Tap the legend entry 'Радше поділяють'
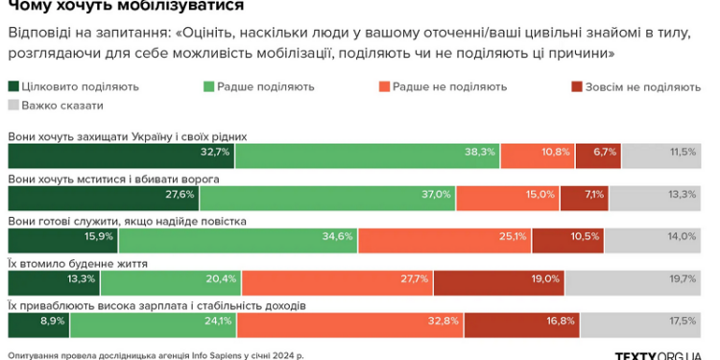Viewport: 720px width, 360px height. [x=259, y=86]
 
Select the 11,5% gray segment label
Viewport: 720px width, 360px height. [x=683, y=152]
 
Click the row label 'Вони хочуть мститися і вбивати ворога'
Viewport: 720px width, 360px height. [x=114, y=179]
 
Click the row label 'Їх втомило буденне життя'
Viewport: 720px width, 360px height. [x=78, y=262]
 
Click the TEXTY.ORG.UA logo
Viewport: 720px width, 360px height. [x=657, y=354]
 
